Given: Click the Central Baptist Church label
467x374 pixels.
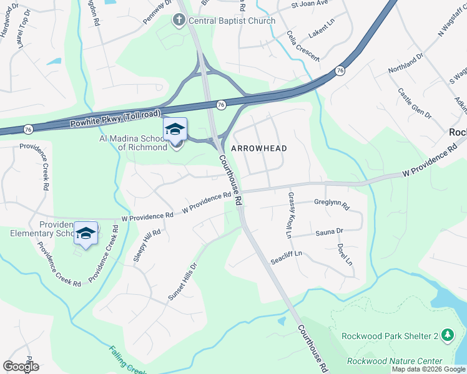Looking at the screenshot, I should pos(232,21).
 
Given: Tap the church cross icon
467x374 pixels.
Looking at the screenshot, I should pos(179,21).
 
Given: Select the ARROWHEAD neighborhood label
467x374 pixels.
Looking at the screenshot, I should pos(259,148).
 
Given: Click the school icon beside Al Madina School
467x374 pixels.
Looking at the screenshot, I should pos(175,129).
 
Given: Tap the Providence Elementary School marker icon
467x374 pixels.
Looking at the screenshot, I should pos(86,233).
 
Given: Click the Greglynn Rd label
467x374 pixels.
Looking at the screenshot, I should pos(332,203).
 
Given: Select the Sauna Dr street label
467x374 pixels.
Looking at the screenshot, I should pos(330,231).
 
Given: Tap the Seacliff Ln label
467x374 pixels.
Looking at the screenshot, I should pos(286,256).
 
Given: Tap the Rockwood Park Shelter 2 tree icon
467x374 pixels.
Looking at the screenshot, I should pos(447,335).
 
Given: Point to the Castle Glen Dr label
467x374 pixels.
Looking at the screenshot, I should pos(415,103).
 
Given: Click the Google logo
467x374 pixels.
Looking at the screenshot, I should pos(21,367).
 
